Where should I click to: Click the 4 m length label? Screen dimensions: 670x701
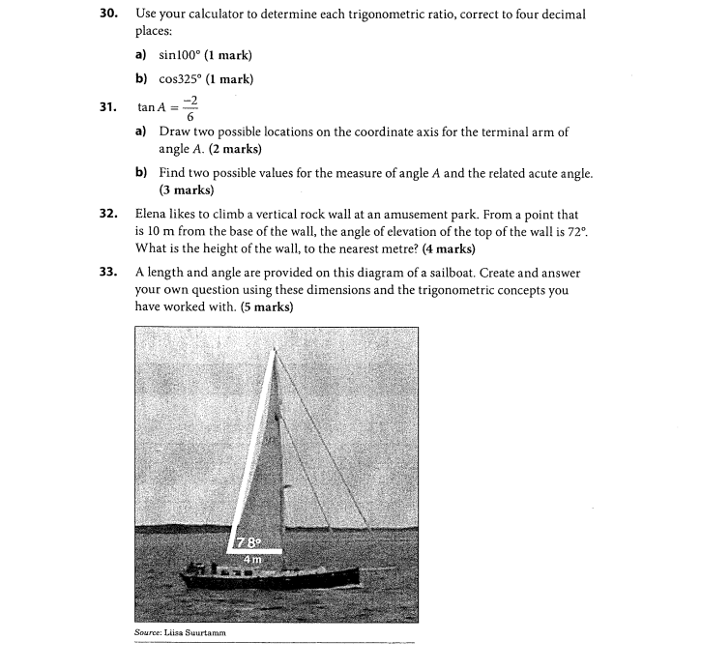(x=251, y=558)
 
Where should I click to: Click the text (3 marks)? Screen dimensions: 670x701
(x=186, y=190)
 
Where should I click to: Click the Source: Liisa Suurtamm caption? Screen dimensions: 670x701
(x=179, y=633)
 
